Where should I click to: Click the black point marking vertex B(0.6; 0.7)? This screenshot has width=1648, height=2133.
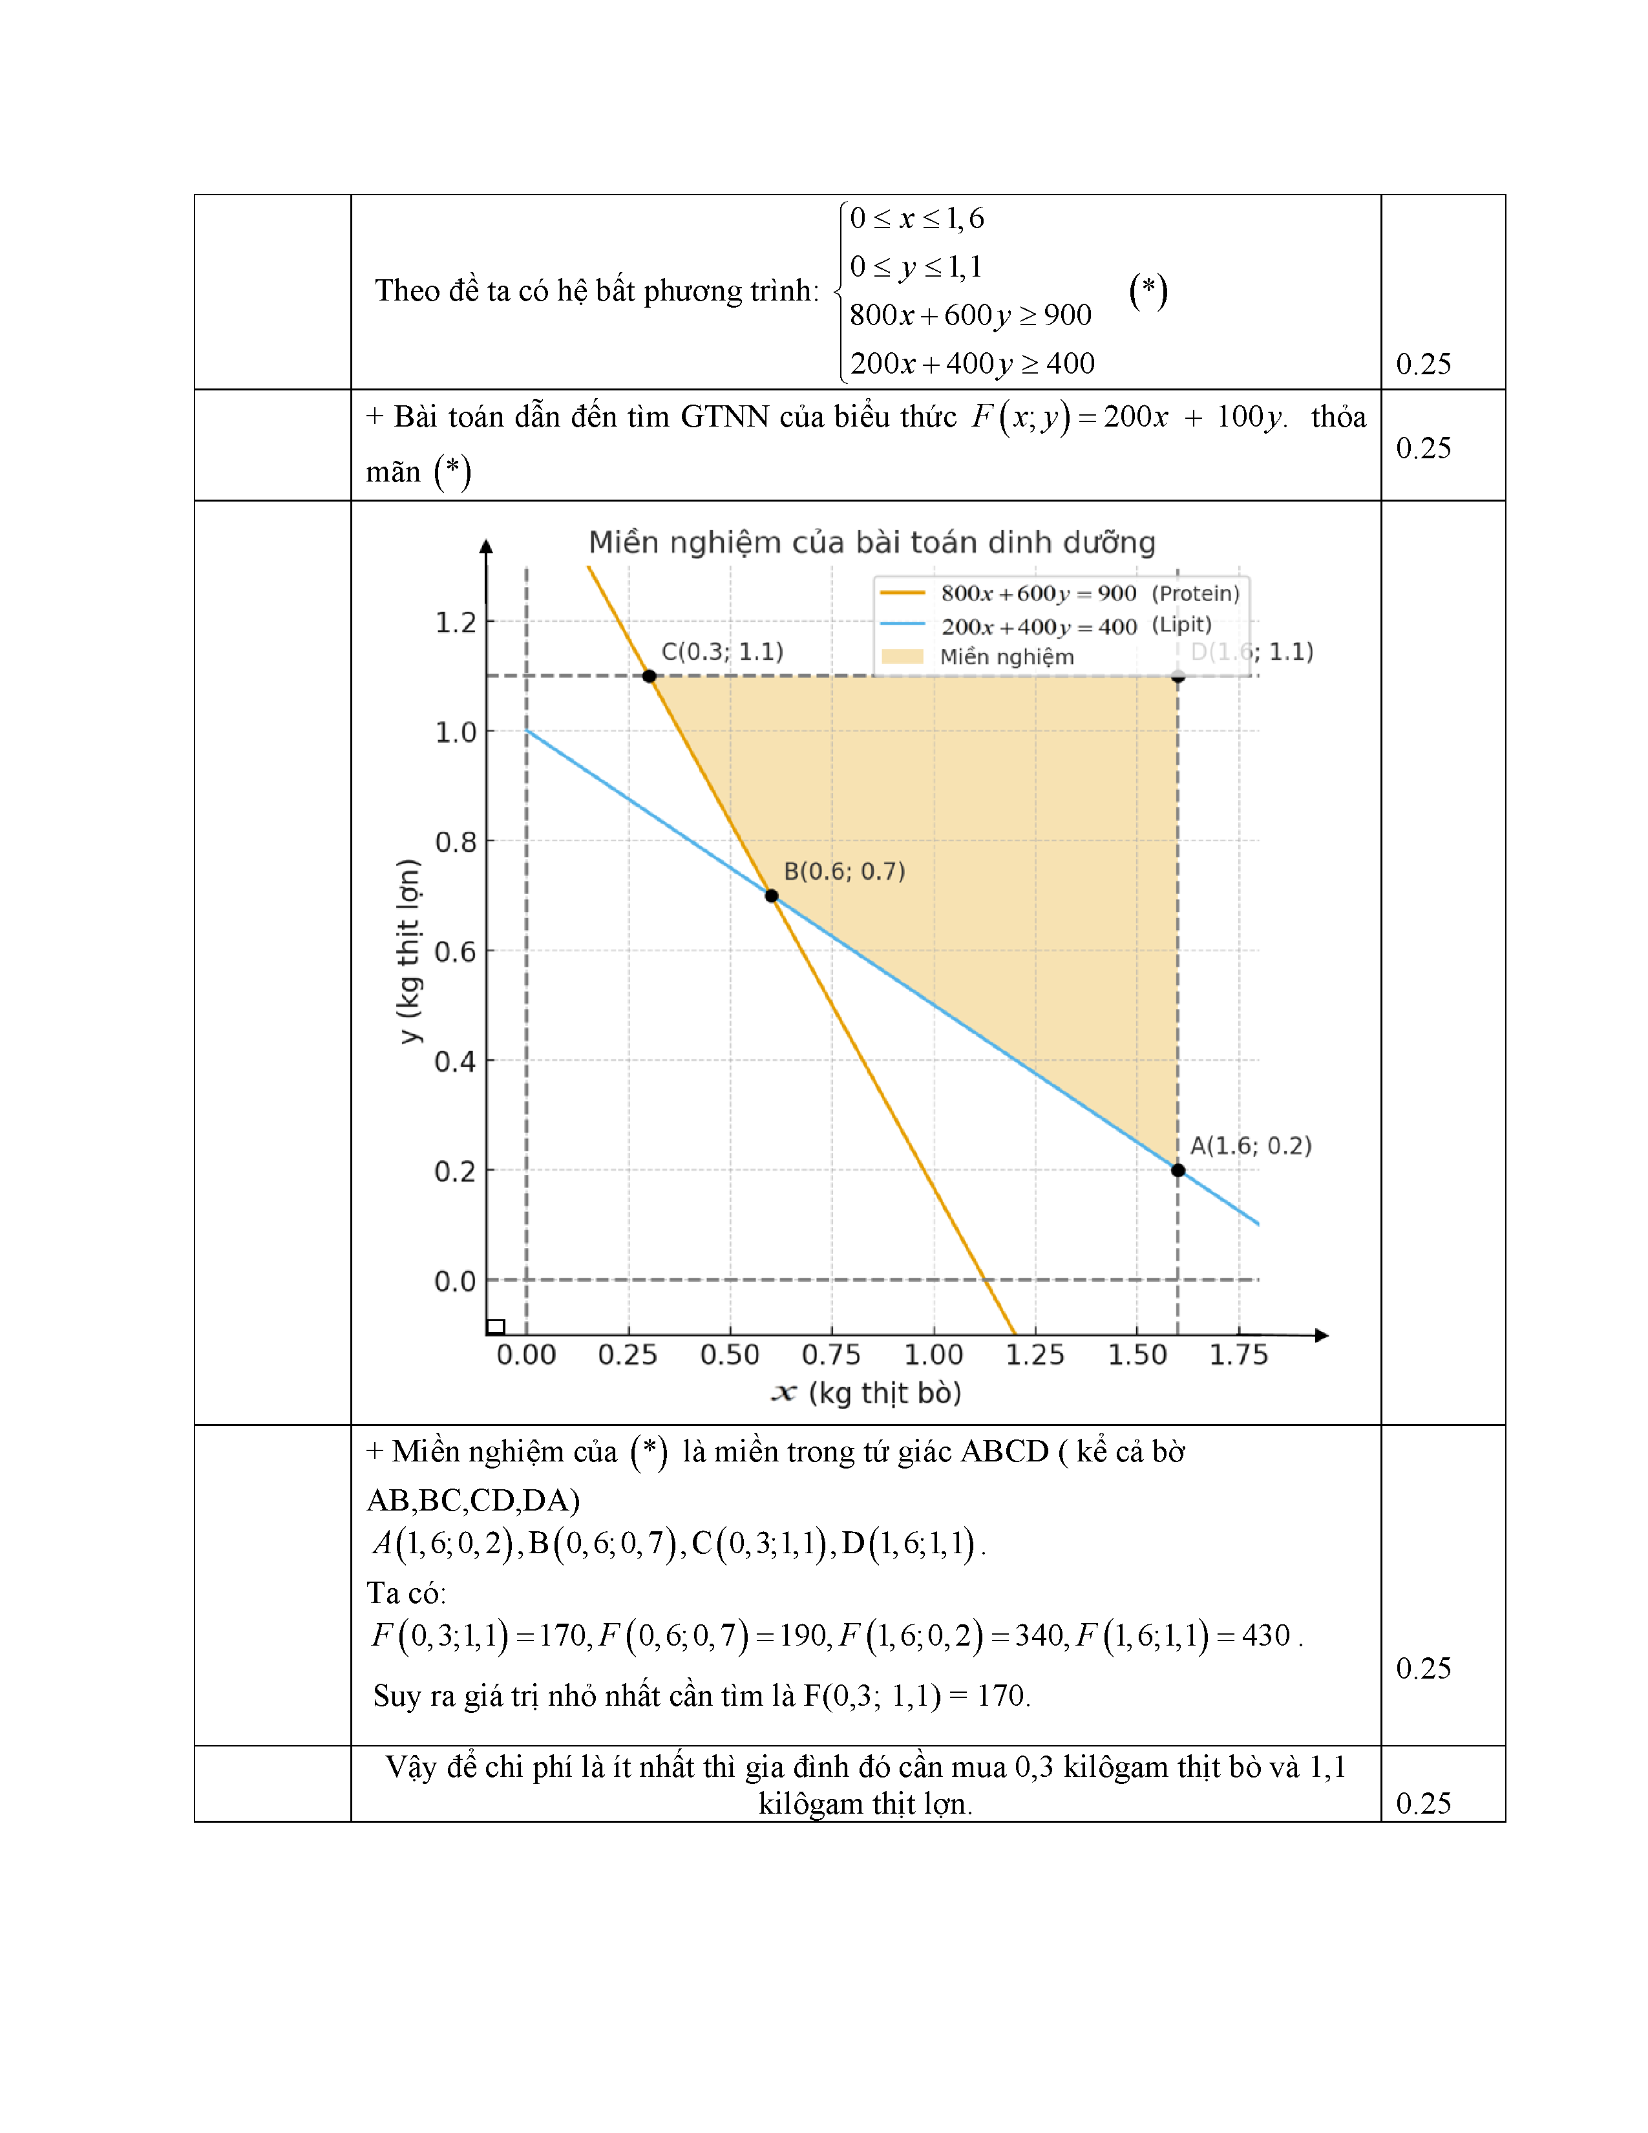[x=771, y=896]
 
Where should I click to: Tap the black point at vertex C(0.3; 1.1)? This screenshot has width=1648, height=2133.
[x=650, y=676]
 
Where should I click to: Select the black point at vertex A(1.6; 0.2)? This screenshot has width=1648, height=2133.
[x=1178, y=1170]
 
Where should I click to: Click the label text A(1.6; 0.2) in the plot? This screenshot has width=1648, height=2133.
[x=1250, y=1145]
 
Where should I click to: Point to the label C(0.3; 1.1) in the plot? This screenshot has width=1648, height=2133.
[x=723, y=652]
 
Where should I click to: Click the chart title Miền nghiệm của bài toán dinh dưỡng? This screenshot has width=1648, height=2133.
[x=872, y=542]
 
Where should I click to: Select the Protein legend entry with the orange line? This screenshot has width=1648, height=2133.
[x=1059, y=593]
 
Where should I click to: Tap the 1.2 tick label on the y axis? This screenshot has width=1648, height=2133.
[x=455, y=622]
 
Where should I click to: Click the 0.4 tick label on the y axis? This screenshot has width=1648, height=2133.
[x=455, y=1061]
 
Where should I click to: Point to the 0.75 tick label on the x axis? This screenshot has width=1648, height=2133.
[x=831, y=1355]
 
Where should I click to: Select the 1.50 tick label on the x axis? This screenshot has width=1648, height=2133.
[x=1137, y=1355]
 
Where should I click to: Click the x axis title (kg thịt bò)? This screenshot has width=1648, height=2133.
[x=867, y=1393]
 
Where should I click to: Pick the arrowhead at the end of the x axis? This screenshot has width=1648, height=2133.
[x=1322, y=1335]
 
